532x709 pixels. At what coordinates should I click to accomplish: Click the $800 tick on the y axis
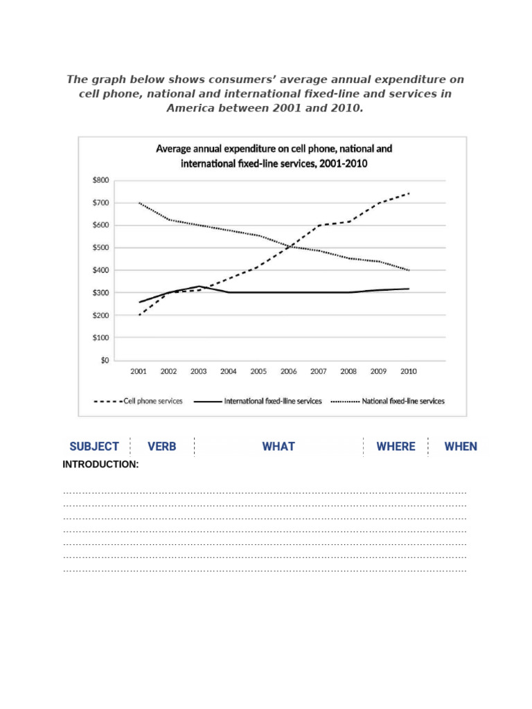(100, 180)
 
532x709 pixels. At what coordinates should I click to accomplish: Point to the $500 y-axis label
(100, 248)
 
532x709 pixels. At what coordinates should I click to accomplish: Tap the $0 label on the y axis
(104, 360)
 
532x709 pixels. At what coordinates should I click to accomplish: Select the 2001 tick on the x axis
(139, 372)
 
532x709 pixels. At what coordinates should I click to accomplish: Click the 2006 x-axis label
(289, 372)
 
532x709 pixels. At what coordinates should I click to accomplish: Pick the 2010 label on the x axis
(409, 372)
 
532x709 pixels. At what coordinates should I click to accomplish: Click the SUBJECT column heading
(94, 447)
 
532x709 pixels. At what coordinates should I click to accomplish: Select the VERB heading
(162, 447)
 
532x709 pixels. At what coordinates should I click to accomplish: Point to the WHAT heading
(278, 447)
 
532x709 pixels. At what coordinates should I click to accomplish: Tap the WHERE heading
(396, 447)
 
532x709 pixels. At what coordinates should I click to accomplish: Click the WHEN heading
(461, 447)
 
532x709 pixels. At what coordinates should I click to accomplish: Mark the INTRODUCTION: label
(100, 465)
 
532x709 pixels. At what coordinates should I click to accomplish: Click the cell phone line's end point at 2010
(409, 193)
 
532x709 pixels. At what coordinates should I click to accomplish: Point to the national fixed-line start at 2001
(139, 203)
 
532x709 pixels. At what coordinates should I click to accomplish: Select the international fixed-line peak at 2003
(199, 286)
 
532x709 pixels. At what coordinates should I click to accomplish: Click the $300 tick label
(100, 293)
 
